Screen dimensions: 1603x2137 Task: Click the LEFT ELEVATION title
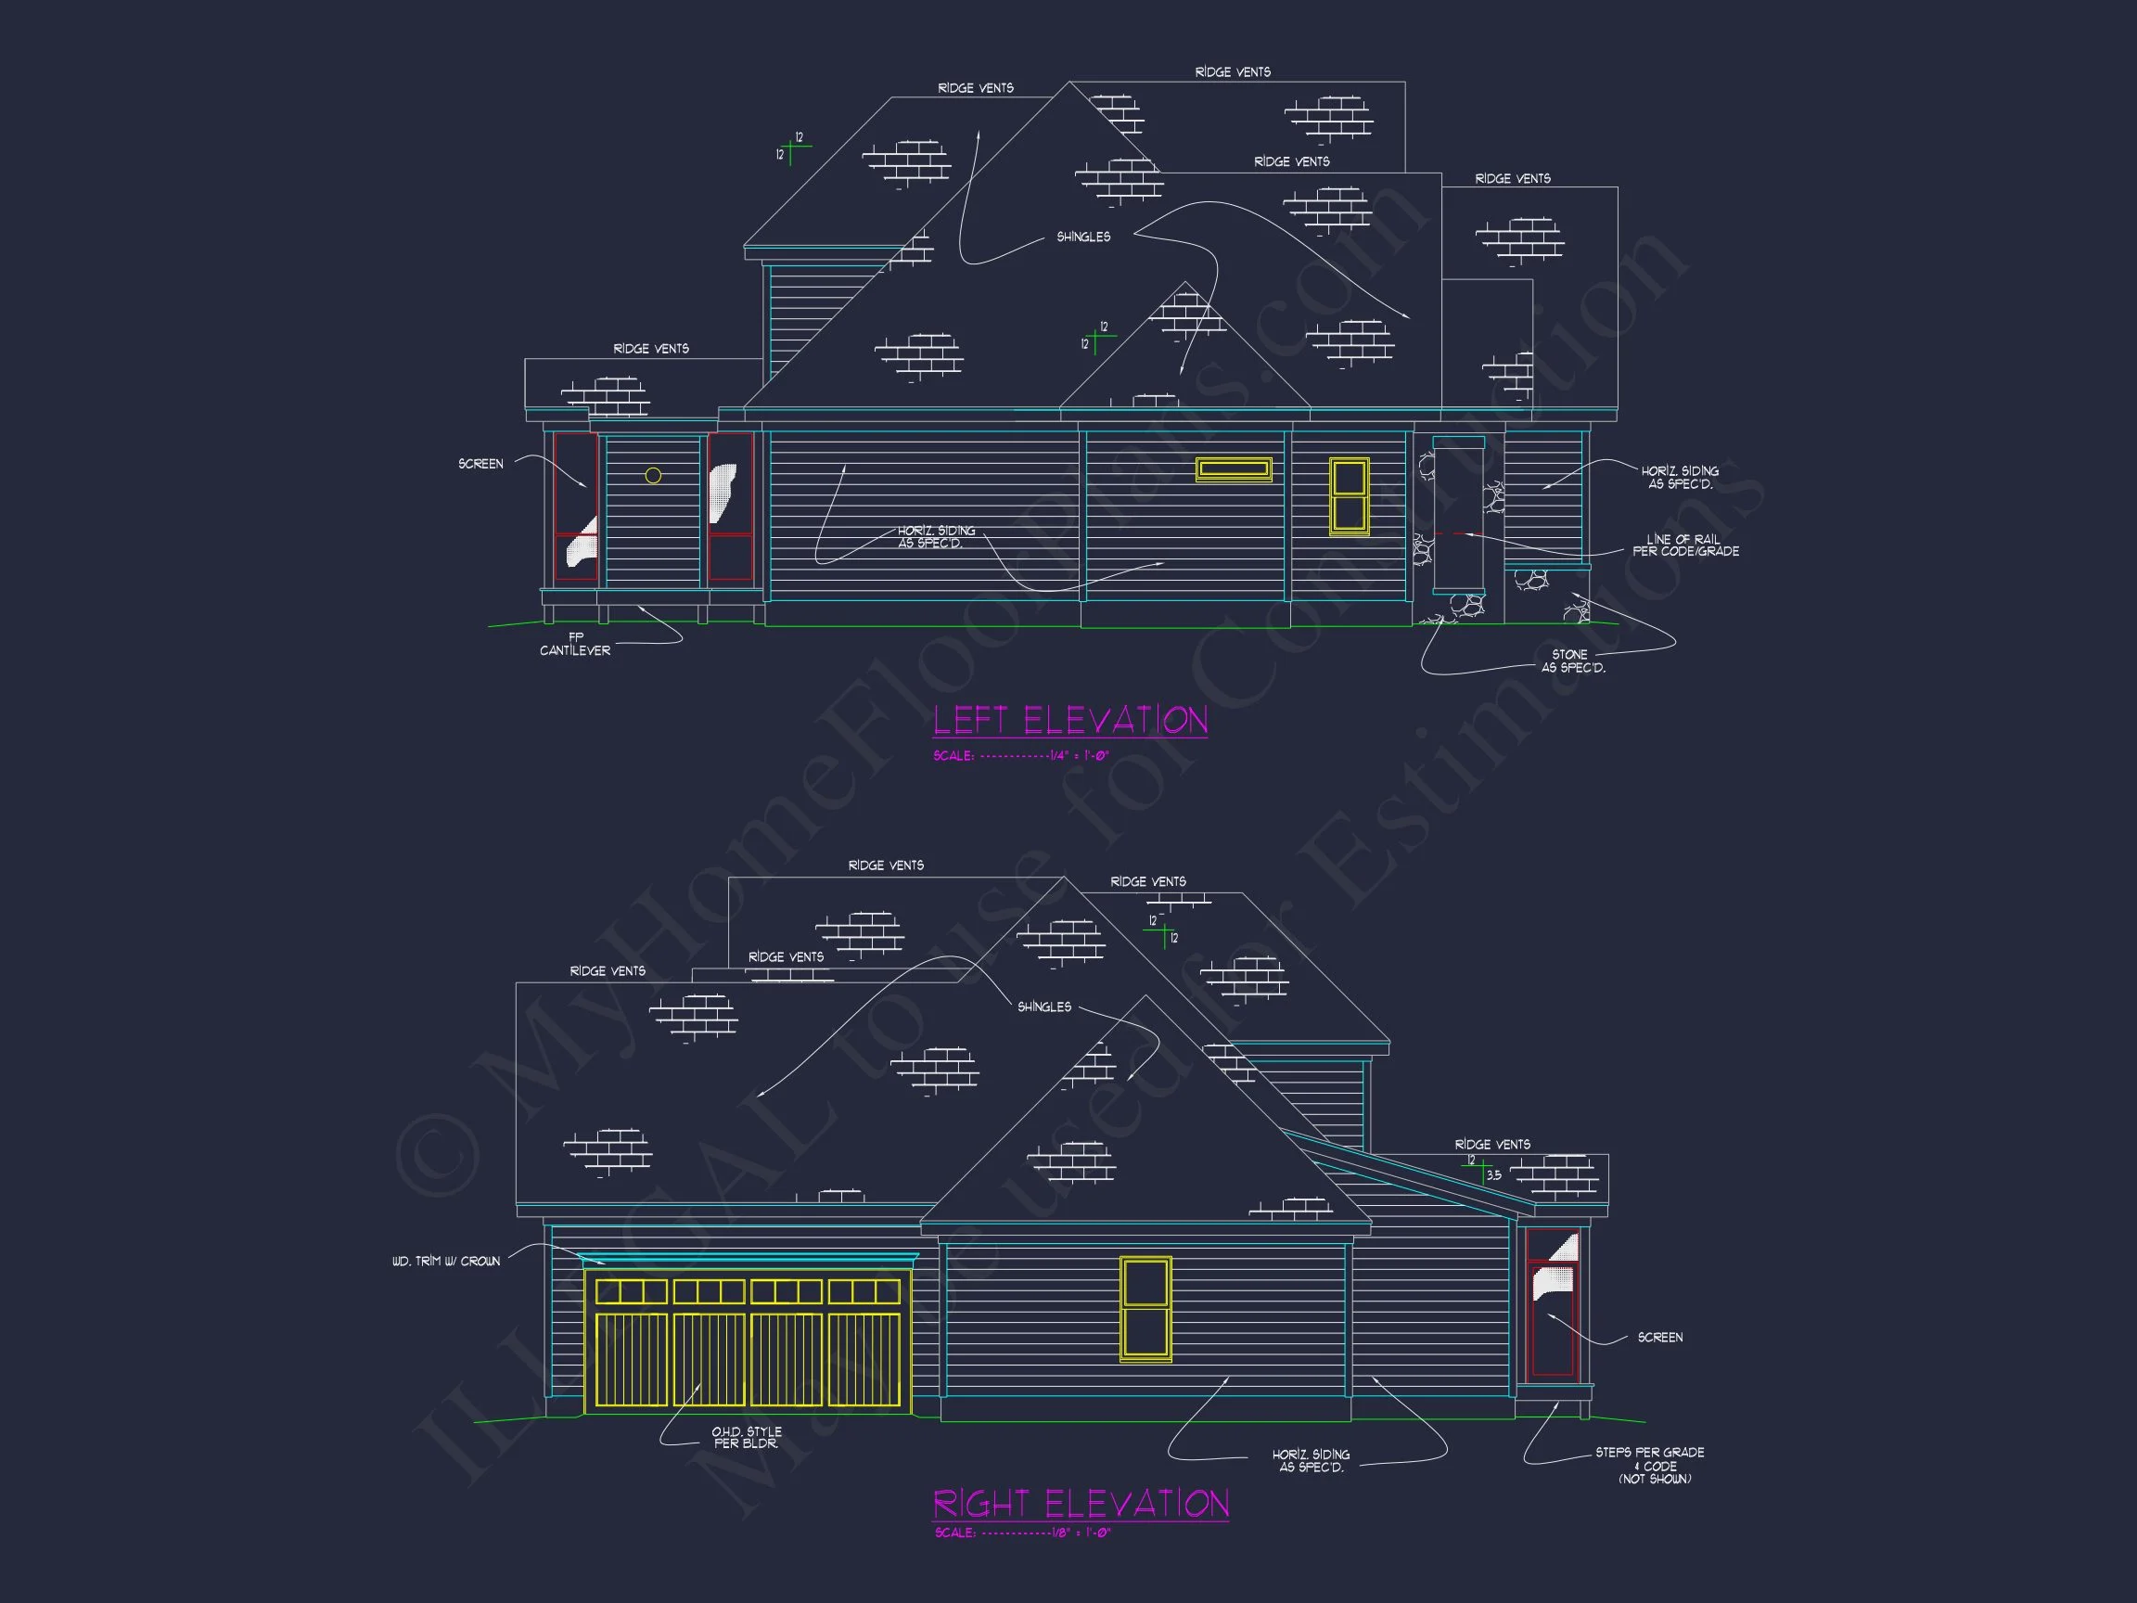pyautogui.click(x=1069, y=720)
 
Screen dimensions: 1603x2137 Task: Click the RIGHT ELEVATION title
pyautogui.click(x=1080, y=1504)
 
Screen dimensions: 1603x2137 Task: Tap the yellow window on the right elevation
pyautogui.click(x=1145, y=1308)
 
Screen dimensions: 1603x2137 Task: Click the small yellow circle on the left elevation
pyautogui.click(x=653, y=475)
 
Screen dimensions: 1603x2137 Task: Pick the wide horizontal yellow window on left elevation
pyautogui.click(x=1234, y=468)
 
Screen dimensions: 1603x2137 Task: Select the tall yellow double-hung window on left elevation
pyautogui.click(x=1349, y=495)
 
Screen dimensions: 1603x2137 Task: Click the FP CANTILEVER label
pyautogui.click(x=575, y=645)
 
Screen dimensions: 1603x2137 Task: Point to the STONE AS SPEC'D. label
pyautogui.click(x=1573, y=660)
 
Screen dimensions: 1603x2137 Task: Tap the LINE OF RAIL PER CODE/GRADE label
pyautogui.click(x=1685, y=545)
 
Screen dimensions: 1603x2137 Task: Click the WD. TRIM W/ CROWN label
pyautogui.click(x=446, y=1261)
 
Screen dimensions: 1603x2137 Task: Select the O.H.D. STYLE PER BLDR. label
pyautogui.click(x=746, y=1438)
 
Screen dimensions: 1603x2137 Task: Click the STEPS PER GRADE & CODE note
pyautogui.click(x=1649, y=1465)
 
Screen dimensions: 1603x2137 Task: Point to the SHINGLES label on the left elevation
pyautogui.click(x=1083, y=237)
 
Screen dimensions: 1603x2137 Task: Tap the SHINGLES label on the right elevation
pyautogui.click(x=1043, y=1007)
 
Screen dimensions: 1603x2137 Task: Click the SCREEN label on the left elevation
pyautogui.click(x=480, y=464)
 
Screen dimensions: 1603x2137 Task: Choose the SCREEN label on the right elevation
pyautogui.click(x=1659, y=1338)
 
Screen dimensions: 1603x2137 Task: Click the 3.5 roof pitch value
pyautogui.click(x=1493, y=1176)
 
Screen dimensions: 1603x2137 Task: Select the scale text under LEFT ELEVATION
pyautogui.click(x=1021, y=756)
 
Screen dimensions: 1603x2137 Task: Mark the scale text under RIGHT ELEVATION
pyautogui.click(x=1022, y=1532)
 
